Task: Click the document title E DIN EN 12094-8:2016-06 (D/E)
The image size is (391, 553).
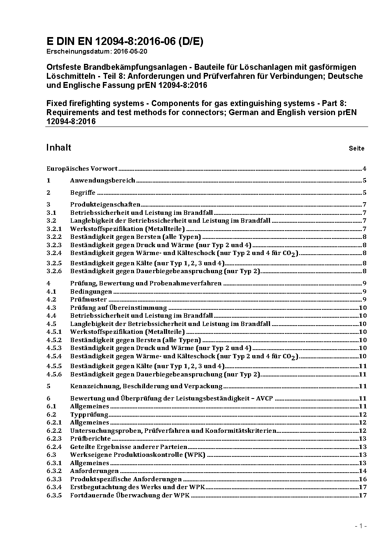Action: [x=125, y=42]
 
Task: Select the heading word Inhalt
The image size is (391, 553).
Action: [x=59, y=147]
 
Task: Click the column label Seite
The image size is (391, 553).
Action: [x=356, y=149]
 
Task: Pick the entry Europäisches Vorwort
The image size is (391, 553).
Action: [x=82, y=169]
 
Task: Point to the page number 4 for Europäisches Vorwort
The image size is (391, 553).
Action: [x=365, y=169]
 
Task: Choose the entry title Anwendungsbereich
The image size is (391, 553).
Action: [x=102, y=181]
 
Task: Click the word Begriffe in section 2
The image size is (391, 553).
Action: [x=83, y=193]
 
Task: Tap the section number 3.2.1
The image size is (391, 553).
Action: [x=54, y=229]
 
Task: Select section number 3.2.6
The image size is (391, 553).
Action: [x=54, y=271]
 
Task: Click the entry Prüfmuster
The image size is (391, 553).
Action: [x=88, y=300]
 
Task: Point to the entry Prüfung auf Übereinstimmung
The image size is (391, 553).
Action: [x=118, y=308]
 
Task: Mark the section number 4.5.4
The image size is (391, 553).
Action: [x=54, y=356]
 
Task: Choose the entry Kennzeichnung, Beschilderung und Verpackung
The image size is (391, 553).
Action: [x=146, y=386]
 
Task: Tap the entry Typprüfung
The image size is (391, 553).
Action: [x=89, y=415]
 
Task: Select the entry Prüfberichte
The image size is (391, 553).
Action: [x=90, y=439]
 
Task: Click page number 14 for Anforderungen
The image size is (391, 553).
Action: [x=363, y=471]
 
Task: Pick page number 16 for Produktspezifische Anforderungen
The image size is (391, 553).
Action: [x=363, y=479]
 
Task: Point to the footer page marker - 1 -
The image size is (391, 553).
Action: [x=361, y=526]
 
